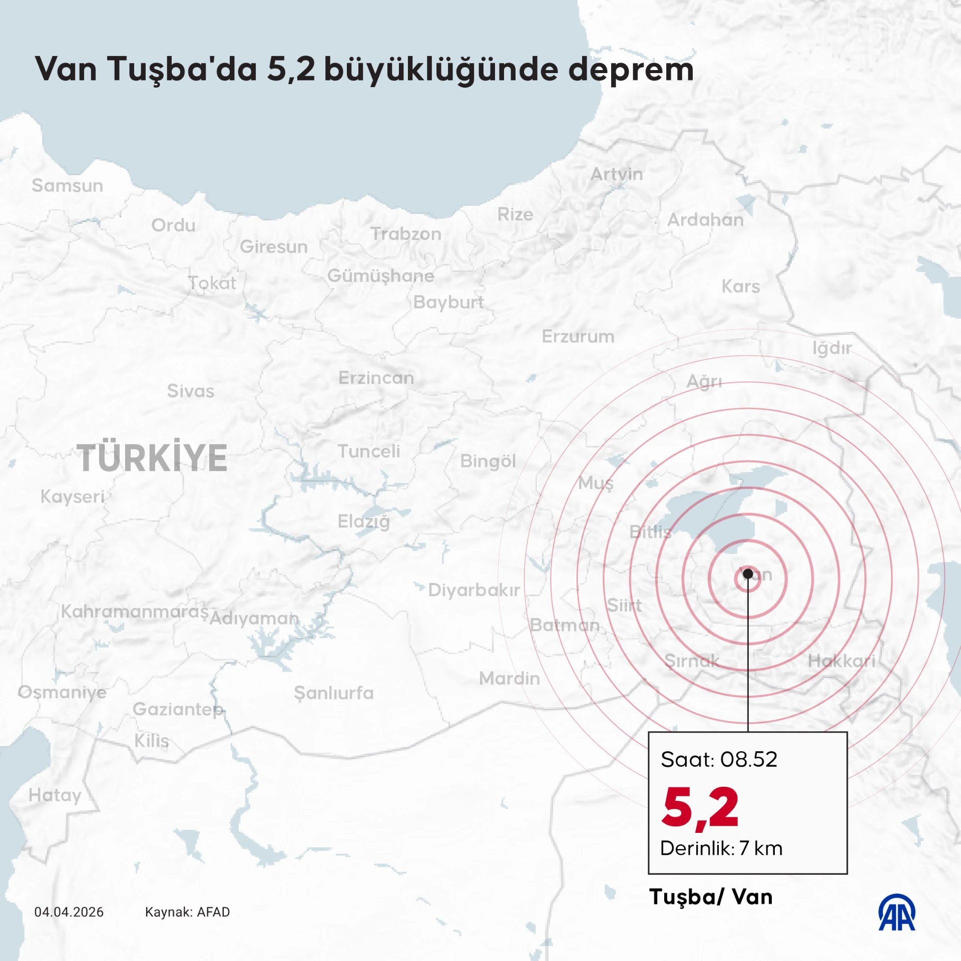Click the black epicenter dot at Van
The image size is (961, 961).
click(x=748, y=574)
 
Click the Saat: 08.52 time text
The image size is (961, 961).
click(x=719, y=760)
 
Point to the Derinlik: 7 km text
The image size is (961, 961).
click(x=721, y=848)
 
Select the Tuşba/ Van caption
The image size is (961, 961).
click(x=711, y=897)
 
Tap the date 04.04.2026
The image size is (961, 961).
click(x=69, y=912)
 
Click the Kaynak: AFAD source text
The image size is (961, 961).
click(x=187, y=912)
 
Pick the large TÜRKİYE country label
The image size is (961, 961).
click(x=152, y=458)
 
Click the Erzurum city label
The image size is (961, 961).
click(x=578, y=336)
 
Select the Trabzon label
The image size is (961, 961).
click(x=406, y=234)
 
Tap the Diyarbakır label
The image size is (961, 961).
click(x=473, y=590)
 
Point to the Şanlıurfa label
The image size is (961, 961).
click(x=334, y=693)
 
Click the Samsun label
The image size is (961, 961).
click(x=68, y=186)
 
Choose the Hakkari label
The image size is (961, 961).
click(x=841, y=661)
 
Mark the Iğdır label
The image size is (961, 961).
click(x=832, y=348)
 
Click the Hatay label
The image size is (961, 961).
click(x=55, y=795)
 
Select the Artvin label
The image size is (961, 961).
click(x=617, y=174)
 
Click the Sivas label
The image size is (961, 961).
click(x=191, y=391)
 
